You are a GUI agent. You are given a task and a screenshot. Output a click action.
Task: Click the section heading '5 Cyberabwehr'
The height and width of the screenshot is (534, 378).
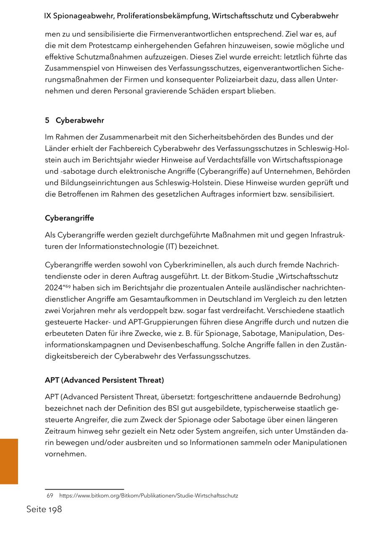click(x=74, y=120)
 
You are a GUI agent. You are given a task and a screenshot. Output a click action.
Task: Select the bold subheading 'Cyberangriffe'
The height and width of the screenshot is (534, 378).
click(x=69, y=218)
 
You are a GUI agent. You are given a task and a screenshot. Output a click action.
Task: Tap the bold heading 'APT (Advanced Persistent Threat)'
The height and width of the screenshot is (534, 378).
click(x=104, y=380)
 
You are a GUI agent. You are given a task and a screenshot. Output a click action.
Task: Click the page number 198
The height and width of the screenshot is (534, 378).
click(x=54, y=510)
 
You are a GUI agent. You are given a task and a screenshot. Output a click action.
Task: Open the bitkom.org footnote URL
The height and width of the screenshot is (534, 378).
click(x=149, y=496)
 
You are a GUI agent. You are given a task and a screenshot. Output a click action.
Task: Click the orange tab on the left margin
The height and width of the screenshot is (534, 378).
click(x=9, y=461)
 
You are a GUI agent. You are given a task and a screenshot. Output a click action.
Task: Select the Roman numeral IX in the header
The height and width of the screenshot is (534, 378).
click(x=47, y=16)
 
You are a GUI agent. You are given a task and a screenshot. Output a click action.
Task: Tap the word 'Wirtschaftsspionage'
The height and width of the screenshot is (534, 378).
click(x=307, y=160)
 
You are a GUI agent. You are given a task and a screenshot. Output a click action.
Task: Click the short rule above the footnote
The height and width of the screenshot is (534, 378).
click(x=84, y=489)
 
